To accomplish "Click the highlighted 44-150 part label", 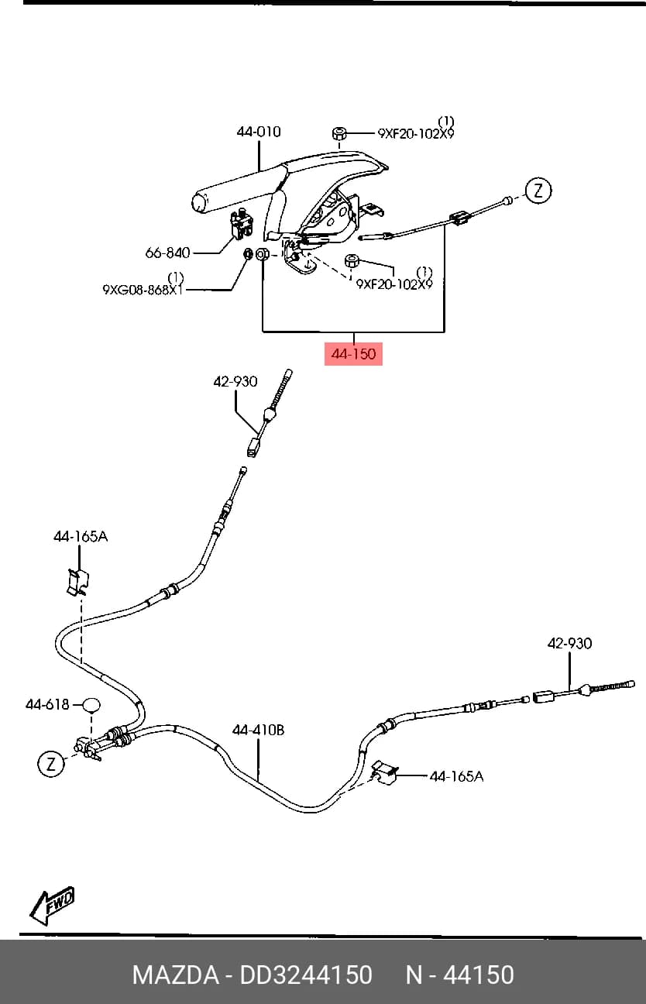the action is coord(353,354).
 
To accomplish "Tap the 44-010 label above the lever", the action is coord(259,132).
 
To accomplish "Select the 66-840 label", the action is coord(167,253).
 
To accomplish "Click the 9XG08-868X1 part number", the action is coord(143,290).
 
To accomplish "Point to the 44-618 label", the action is coord(47,705).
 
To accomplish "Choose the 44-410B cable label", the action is coord(258,730).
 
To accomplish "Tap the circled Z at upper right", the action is coord(538,191).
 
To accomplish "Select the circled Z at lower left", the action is coord(50,763).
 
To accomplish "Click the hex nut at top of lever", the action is coord(339,133).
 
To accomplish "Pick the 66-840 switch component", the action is coord(242,223).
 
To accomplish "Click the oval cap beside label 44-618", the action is coord(91,705).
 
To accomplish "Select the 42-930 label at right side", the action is coord(569,643).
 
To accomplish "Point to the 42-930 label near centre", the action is coord(235,381).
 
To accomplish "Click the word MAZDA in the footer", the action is coord(175,975).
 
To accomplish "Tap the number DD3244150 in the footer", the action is coord(306,975).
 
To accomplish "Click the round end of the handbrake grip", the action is coord(201,203).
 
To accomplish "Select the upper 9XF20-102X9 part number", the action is coord(416,133).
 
